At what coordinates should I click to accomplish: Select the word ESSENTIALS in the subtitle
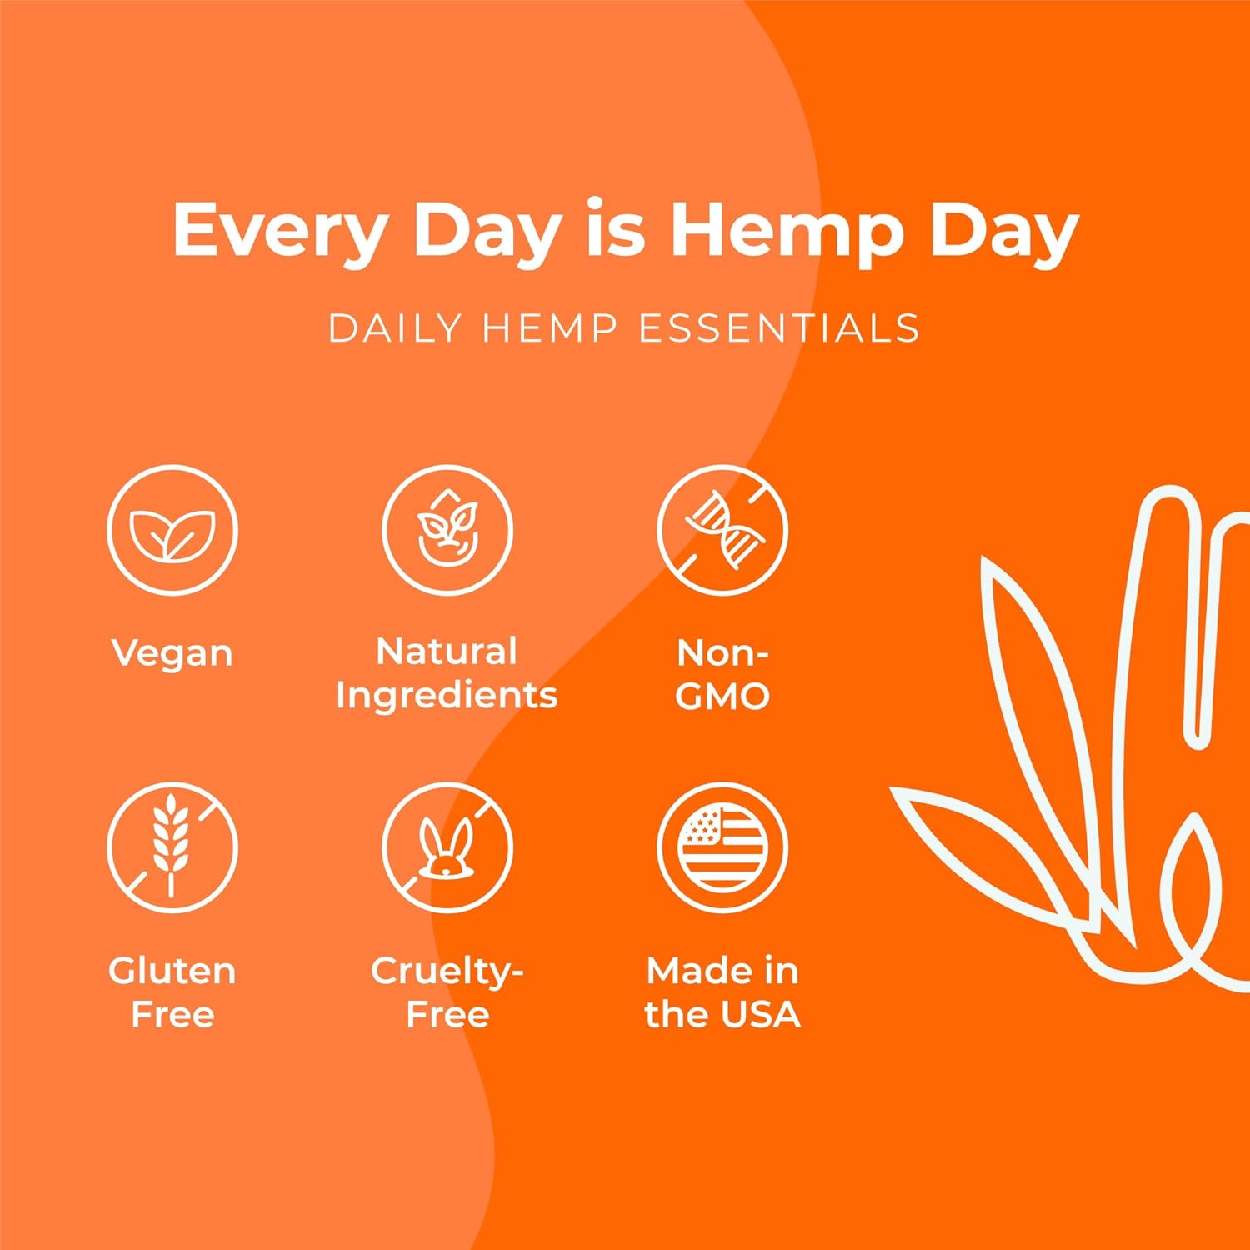779,328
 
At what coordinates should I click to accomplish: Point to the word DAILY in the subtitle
395,328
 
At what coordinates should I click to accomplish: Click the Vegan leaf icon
172,530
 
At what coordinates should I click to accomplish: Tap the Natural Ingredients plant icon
447,530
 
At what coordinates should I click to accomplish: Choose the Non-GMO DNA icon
722,530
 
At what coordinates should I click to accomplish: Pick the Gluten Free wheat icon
172,847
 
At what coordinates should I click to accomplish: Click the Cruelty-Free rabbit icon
447,847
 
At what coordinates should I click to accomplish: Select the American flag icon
722,847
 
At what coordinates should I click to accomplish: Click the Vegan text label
172,653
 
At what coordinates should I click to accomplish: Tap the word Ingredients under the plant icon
447,696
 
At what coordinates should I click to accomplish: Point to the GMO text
722,697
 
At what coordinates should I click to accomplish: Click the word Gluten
172,972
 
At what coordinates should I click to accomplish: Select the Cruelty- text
447,972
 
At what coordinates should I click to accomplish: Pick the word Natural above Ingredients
447,652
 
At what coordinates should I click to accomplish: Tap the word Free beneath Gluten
172,1014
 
